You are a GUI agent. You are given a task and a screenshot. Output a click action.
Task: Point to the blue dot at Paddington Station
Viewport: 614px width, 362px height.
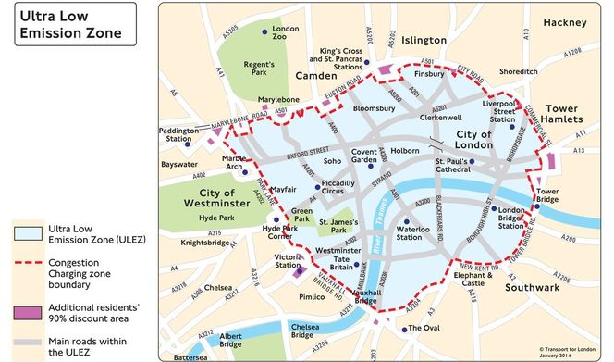pos(188,144)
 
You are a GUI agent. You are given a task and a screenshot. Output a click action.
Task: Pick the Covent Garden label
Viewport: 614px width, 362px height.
pos(363,156)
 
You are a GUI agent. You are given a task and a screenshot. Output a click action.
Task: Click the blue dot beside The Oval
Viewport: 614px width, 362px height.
pos(403,329)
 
